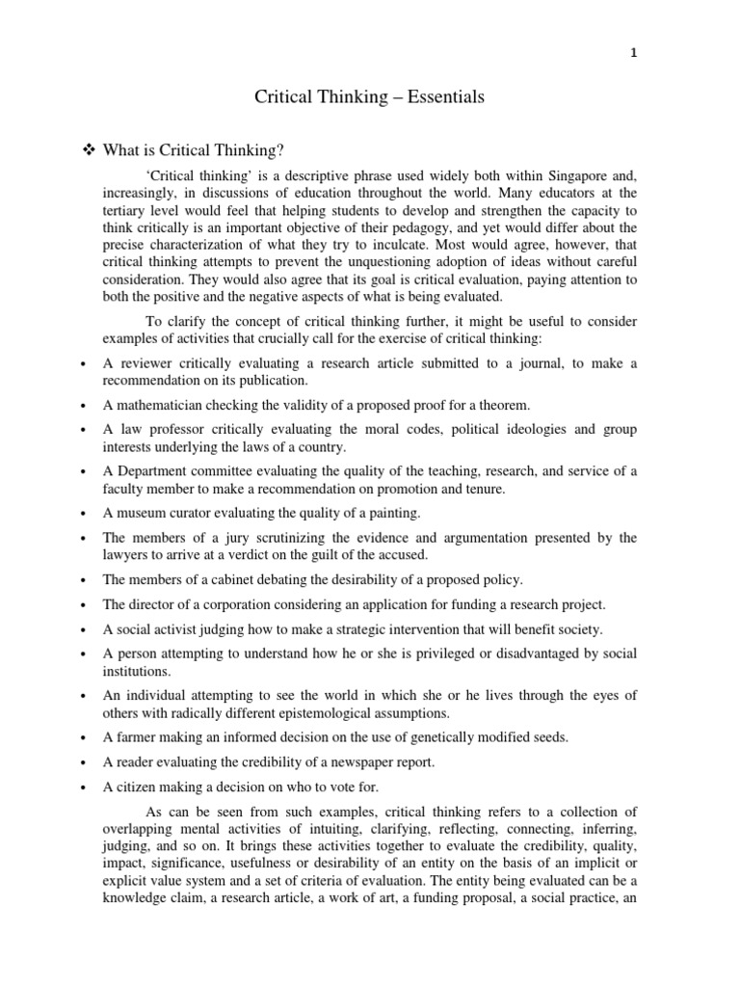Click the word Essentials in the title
click(x=446, y=97)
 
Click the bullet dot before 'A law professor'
click(x=86, y=430)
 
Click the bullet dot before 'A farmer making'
click(x=86, y=738)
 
